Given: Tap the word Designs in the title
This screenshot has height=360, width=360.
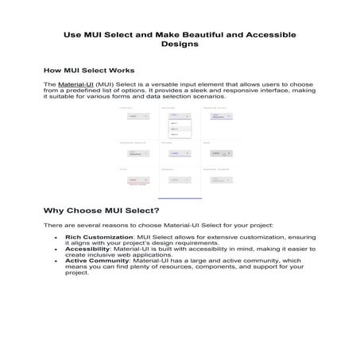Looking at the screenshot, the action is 180,45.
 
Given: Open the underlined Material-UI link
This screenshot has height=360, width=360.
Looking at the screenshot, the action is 72,83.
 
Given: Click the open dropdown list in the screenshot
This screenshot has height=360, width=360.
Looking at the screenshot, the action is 179,128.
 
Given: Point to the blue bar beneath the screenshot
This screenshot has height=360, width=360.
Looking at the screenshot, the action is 180,198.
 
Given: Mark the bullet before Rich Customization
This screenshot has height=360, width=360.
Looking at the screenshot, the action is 55,238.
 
